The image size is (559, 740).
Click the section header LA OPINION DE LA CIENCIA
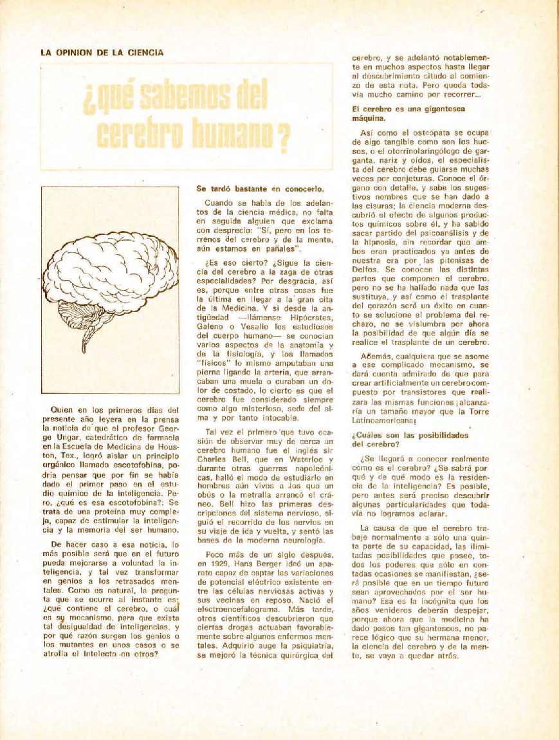pyautogui.click(x=102, y=53)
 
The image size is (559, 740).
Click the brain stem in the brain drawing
pyautogui.click(x=86, y=338)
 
